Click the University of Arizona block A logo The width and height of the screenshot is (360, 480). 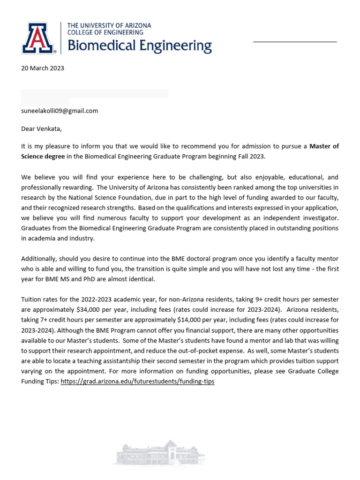coord(38,37)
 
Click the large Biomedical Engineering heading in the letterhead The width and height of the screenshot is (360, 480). coord(140,46)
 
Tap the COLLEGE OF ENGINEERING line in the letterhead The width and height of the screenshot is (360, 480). coord(105,32)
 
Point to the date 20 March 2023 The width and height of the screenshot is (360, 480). coord(43,68)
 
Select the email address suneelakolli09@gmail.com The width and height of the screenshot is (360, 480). coord(60,111)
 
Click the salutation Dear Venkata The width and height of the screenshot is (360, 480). coord(41,128)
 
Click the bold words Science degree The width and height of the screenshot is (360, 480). coord(43,156)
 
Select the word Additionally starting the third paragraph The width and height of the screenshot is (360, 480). coord(39,259)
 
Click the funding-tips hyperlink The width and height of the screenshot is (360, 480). coord(137,382)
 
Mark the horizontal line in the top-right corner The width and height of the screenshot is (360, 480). coord(295,42)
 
